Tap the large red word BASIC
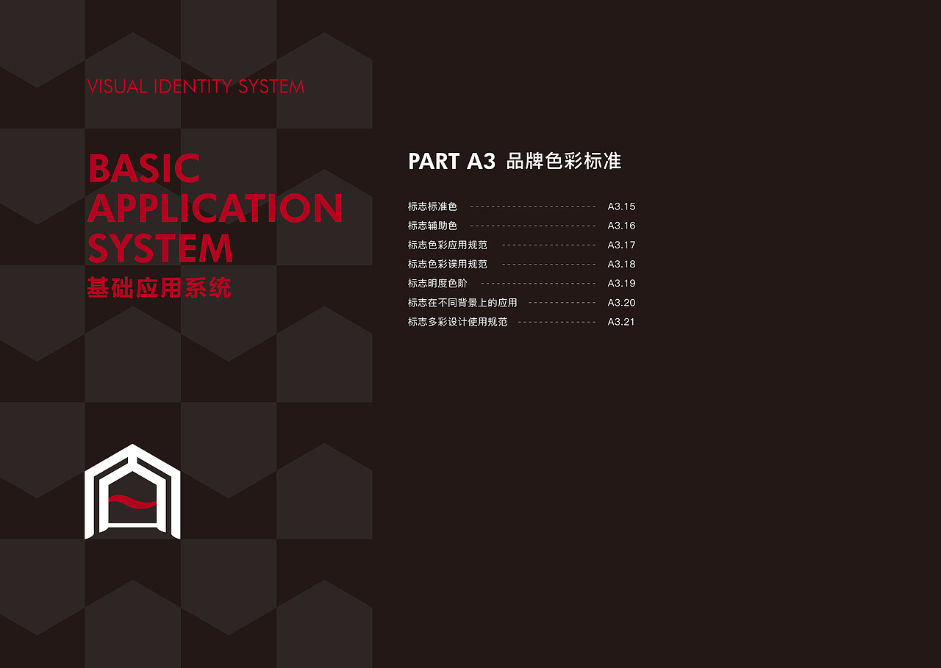(144, 169)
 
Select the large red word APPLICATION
(215, 209)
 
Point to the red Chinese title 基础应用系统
(159, 288)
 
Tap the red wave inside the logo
(132, 503)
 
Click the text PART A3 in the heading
(451, 162)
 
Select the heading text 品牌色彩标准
(564, 162)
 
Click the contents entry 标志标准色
(432, 206)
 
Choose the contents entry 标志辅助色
(432, 226)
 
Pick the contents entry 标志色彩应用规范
(447, 245)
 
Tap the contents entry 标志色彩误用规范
(447, 264)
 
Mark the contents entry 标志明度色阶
(443, 283)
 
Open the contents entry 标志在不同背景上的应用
(462, 303)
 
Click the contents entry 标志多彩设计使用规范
(457, 322)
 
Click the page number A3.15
(621, 206)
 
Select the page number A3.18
(621, 264)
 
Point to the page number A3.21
(621, 322)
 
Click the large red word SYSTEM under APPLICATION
(160, 248)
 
